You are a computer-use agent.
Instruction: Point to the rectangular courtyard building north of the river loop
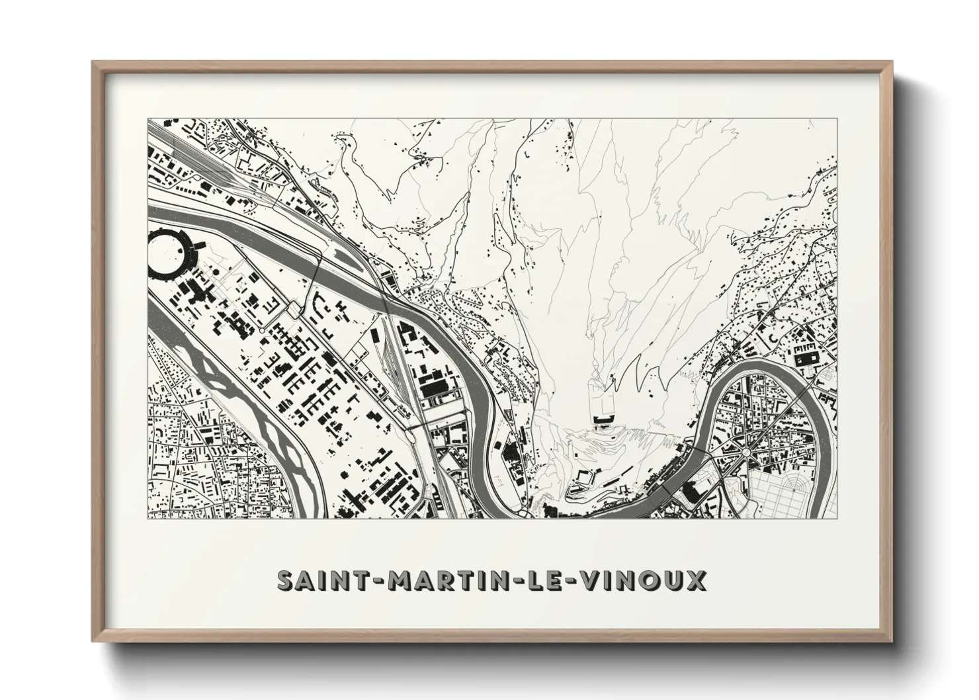[x=807, y=358]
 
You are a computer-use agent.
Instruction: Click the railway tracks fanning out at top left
[x=198, y=159]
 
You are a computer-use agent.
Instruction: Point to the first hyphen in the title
[x=382, y=582]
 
